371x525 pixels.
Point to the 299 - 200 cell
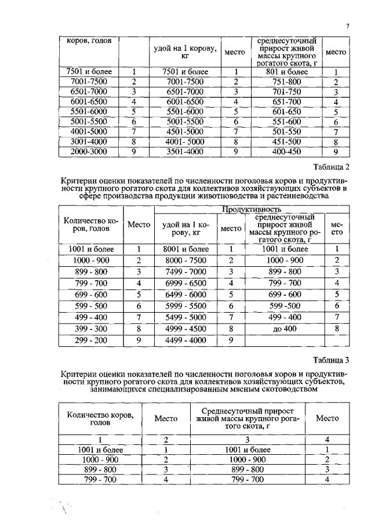(x=89, y=341)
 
